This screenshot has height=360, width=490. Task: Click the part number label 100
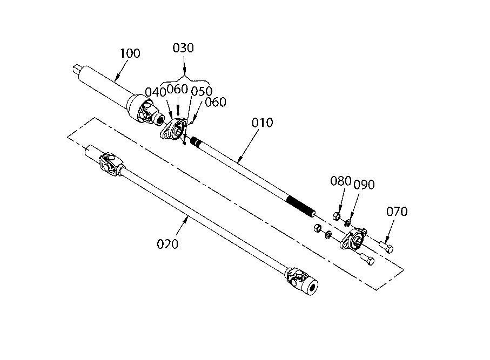[130, 53]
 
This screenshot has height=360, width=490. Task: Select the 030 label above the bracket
[183, 48]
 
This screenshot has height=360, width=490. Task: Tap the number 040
[155, 92]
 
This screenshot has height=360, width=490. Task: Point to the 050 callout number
[202, 91]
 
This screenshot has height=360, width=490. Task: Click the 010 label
[262, 123]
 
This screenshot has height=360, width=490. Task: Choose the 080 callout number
[341, 181]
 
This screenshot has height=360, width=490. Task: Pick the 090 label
[364, 185]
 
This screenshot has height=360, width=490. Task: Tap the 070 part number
[397, 212]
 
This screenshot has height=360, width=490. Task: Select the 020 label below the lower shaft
[167, 244]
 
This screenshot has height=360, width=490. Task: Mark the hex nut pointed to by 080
[337, 216]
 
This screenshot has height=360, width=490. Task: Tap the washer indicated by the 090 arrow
[347, 223]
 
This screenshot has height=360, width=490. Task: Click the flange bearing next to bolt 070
[353, 239]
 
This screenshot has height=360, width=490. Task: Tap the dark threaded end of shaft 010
[301, 206]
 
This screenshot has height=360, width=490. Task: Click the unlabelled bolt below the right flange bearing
[367, 259]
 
